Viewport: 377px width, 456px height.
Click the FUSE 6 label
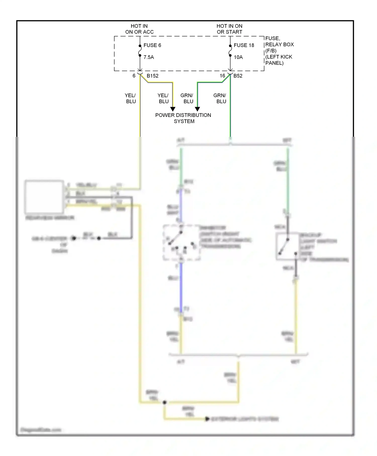coord(152,45)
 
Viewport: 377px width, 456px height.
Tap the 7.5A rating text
coord(149,57)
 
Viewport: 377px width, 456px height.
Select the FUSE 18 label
coord(244,45)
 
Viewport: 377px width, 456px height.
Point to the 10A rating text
coord(238,57)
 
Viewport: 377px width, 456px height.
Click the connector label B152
coord(153,76)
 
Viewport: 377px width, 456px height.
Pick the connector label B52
coord(238,76)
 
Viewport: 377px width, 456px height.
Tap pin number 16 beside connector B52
coord(222,76)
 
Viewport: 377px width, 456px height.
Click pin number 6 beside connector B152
coord(134,76)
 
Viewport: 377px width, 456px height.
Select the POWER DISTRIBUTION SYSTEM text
coord(183,118)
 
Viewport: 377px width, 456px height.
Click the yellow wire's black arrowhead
coord(173,109)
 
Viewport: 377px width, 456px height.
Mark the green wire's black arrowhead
coord(198,109)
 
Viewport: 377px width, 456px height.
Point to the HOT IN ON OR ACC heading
coord(139,29)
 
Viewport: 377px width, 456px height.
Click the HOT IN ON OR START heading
coord(229,29)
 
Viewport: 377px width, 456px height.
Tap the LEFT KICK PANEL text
coord(279,60)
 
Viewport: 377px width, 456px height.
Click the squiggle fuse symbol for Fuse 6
coord(140,52)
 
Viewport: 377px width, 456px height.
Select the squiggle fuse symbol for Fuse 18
coord(230,52)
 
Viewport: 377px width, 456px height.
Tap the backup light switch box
coord(287,246)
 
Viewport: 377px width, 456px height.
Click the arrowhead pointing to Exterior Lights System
coord(207,419)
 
